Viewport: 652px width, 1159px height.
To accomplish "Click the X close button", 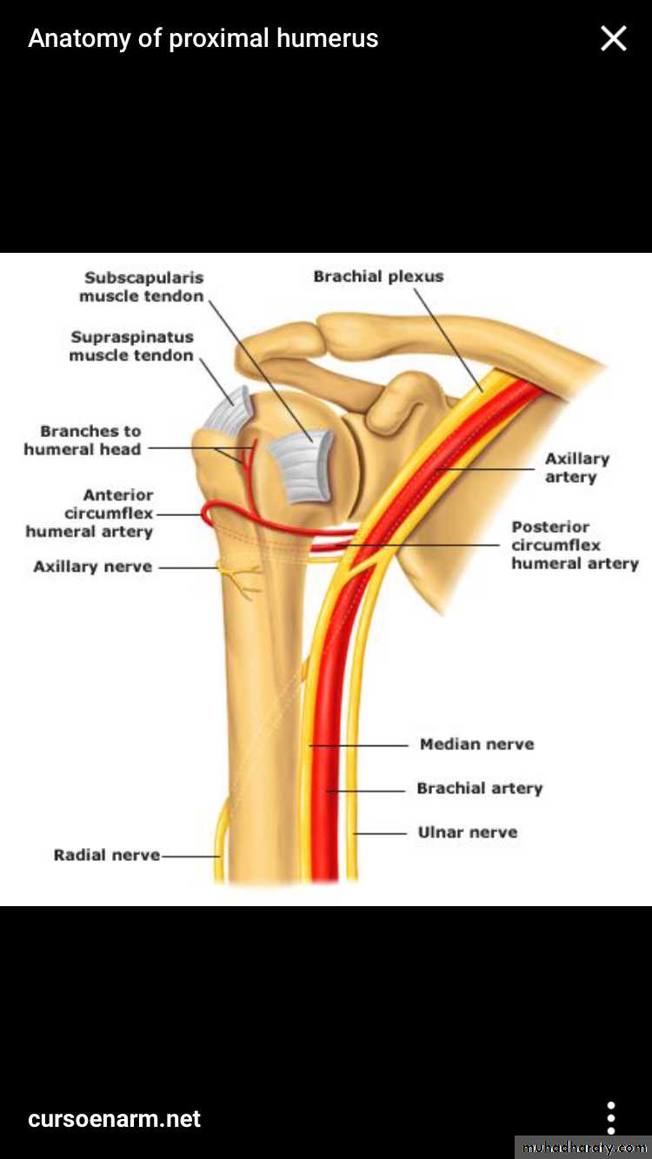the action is click(614, 39).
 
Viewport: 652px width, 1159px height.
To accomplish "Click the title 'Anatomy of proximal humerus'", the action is click(203, 38).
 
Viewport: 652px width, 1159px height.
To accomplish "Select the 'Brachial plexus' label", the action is click(378, 276).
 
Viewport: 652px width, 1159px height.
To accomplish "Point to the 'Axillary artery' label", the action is click(577, 467).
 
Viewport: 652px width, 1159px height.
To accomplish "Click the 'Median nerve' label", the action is click(477, 744).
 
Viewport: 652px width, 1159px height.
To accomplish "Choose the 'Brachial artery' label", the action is click(480, 788).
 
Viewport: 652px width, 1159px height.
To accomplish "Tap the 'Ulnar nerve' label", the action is click(468, 832).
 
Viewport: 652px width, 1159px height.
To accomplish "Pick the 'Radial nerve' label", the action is click(107, 855).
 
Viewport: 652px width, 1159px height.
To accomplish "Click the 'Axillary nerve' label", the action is click(93, 566).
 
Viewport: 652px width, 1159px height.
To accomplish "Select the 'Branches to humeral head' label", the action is click(83, 440).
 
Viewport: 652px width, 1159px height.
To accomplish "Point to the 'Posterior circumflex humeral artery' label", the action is click(575, 545).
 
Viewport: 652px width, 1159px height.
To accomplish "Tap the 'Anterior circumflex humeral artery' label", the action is click(90, 513).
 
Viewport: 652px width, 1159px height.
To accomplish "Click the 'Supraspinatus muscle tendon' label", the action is click(131, 346).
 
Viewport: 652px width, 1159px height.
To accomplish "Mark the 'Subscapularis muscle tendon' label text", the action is click(142, 287).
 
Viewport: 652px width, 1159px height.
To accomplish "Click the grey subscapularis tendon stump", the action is click(301, 467).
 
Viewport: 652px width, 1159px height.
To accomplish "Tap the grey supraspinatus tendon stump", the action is click(228, 410).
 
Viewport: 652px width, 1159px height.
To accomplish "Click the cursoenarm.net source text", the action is click(114, 1119).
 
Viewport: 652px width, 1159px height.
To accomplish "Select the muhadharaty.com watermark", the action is click(584, 1148).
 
